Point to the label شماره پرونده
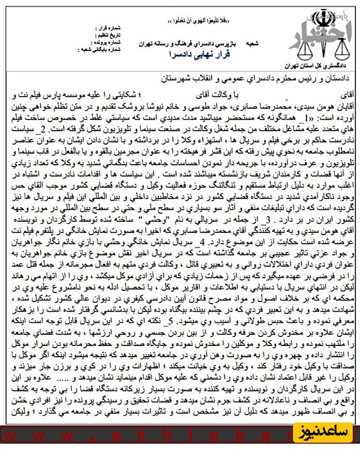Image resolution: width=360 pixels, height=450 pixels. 105,40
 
